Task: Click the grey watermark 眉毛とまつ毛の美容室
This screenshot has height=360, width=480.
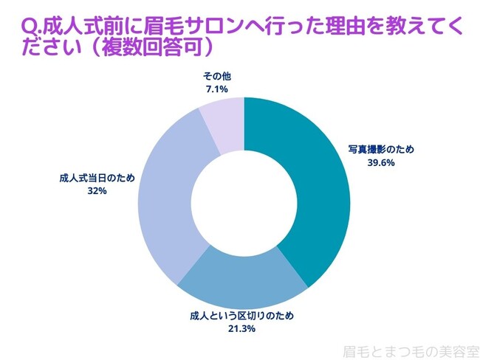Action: (x=411, y=348)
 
